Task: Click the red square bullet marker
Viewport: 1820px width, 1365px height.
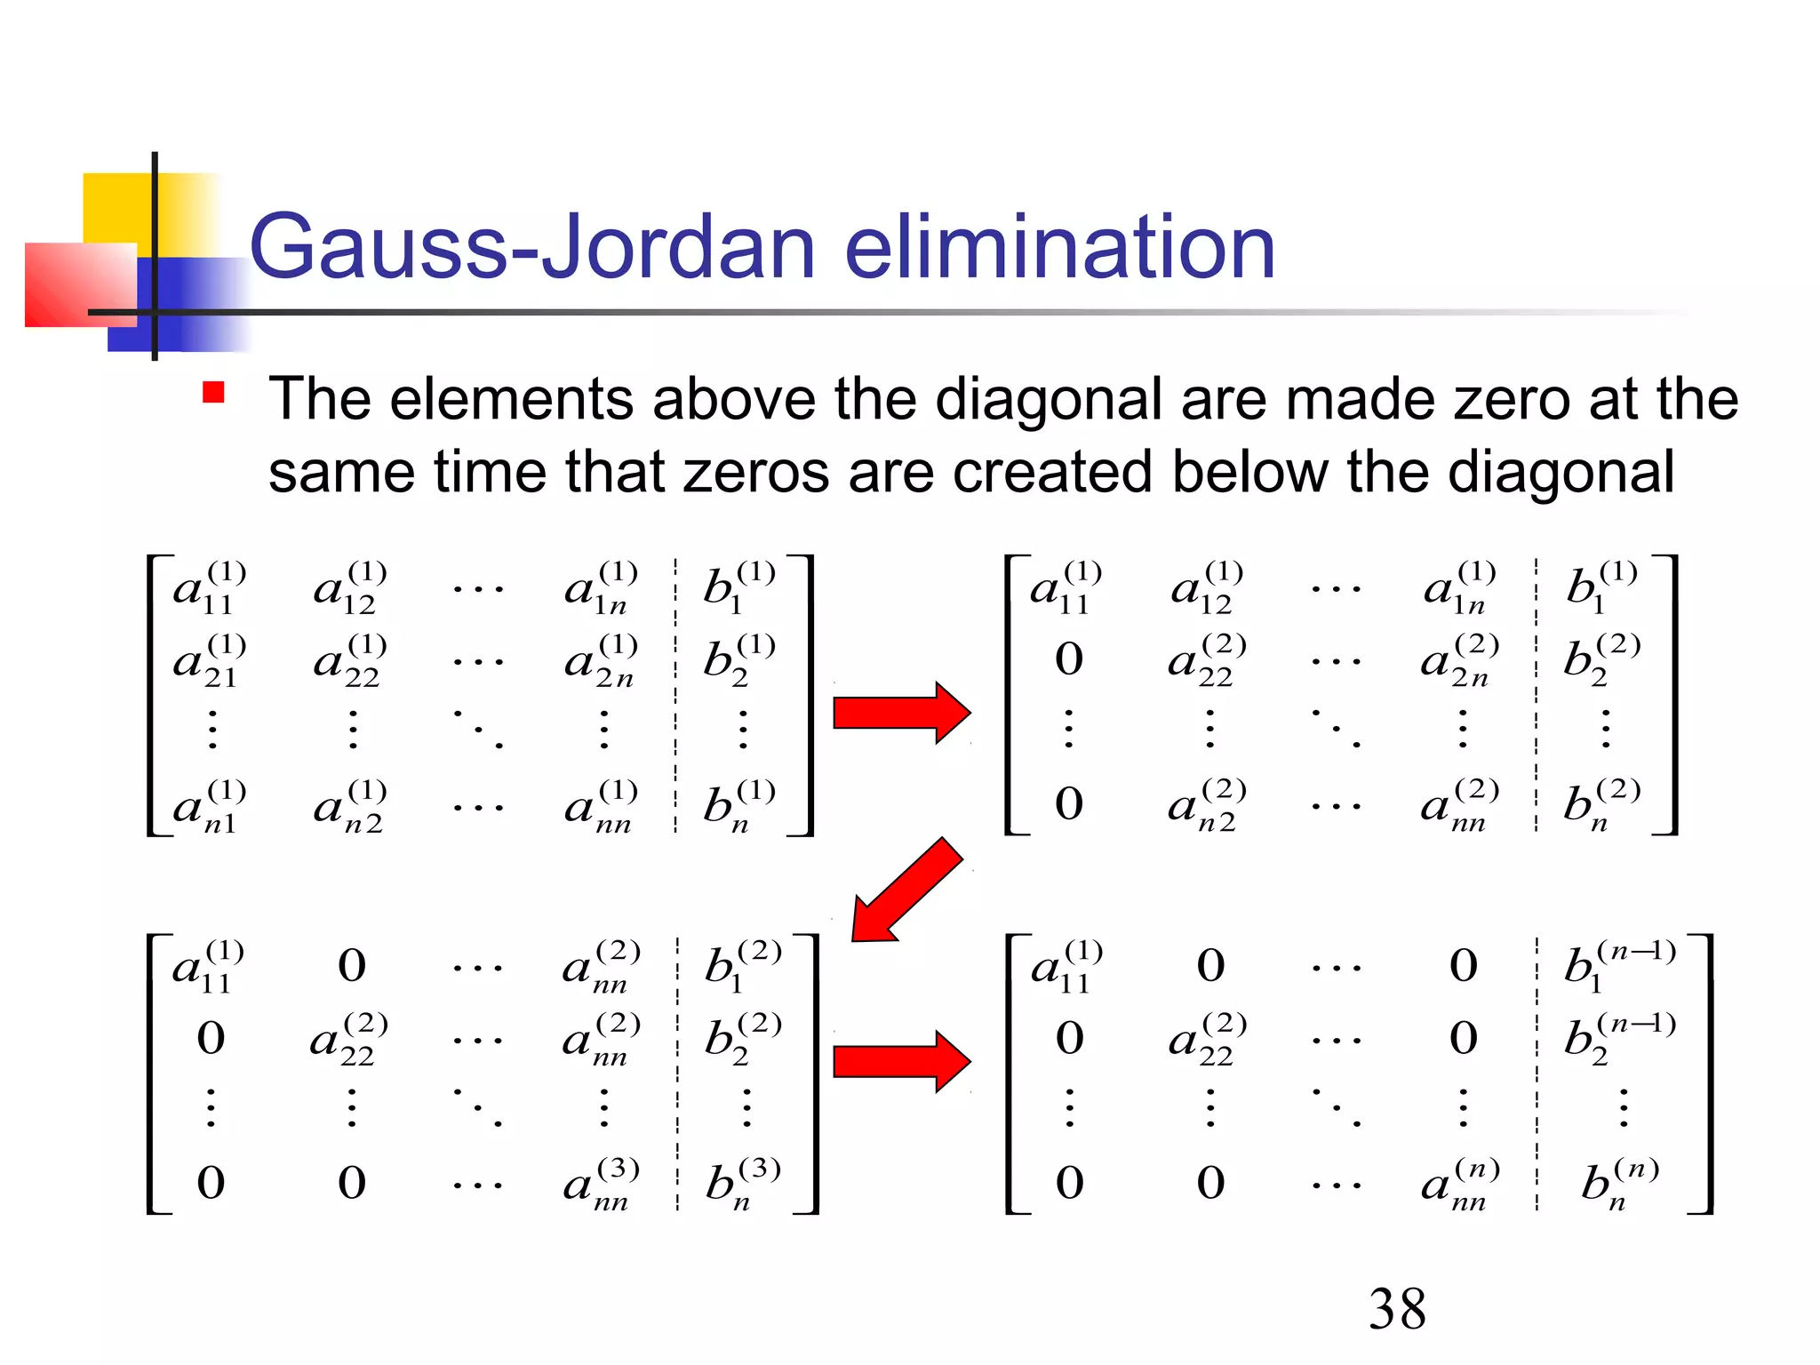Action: click(213, 392)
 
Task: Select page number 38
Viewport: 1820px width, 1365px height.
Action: click(1397, 1309)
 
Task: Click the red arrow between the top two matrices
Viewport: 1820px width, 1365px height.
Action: click(900, 713)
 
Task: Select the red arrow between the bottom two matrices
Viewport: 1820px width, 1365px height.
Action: click(900, 1061)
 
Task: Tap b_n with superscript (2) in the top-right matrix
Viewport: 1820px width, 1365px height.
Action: click(1600, 805)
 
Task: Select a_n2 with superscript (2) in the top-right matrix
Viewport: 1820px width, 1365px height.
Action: click(1206, 805)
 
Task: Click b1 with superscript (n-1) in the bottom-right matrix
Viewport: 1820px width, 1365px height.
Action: click(1617, 966)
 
